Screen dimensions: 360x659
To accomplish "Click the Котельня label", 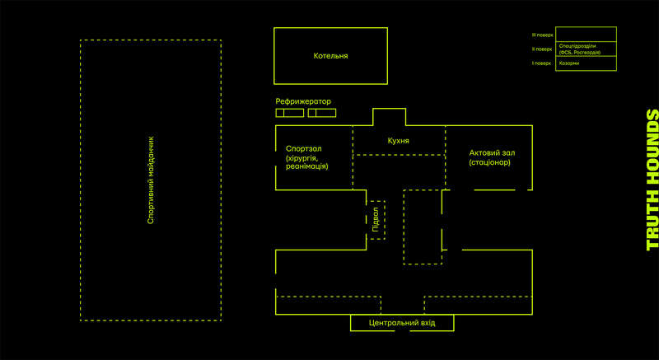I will [330, 56].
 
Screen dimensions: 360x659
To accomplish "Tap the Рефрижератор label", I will [303, 101].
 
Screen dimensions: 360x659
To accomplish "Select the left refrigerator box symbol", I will [289, 112].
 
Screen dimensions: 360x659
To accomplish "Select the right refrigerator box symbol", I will [322, 112].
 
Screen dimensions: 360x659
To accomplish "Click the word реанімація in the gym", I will [301, 166].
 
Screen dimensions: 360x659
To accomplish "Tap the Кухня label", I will [399, 141].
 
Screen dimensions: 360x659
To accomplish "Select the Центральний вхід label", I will [401, 323].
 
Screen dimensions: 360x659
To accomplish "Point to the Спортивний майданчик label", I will [150, 180].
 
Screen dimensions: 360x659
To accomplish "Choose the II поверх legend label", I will [542, 49].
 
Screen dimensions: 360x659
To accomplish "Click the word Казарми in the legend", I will [568, 63].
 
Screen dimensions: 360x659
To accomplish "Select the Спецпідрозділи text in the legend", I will [577, 45].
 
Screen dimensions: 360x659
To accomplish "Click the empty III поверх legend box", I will [586, 35].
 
